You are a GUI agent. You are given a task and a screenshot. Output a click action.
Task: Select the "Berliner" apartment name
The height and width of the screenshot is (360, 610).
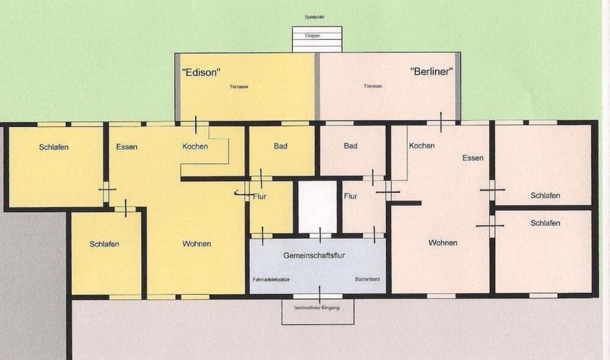point(432,72)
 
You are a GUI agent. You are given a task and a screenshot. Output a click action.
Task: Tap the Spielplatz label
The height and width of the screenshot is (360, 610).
point(315,17)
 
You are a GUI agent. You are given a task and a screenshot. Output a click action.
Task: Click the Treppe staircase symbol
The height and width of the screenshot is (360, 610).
point(316,38)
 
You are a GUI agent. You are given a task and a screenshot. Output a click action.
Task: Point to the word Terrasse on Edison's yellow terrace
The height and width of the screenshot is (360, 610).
point(239,86)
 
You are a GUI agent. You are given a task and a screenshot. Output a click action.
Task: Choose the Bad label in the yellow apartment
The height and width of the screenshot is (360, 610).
point(280,146)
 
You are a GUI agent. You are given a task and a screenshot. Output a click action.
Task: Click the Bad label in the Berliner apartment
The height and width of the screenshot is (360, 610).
point(350,146)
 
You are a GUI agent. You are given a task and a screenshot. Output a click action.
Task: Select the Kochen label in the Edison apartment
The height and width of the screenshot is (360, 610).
point(195,147)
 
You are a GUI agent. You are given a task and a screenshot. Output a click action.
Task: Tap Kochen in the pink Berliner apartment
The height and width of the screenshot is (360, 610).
point(422,146)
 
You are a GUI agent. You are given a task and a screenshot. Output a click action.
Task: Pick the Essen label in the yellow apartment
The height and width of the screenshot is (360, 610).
point(127,147)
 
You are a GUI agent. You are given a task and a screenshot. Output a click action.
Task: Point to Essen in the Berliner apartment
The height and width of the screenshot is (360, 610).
point(473,158)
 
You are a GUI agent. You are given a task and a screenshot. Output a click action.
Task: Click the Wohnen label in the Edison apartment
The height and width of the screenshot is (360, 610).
point(196,244)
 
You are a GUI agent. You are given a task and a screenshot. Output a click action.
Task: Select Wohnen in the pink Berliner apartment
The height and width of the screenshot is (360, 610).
point(442,243)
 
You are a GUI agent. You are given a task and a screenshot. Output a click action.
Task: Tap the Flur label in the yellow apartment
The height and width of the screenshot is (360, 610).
point(259,197)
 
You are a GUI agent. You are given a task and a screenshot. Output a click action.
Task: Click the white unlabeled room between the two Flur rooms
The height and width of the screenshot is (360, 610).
point(317,206)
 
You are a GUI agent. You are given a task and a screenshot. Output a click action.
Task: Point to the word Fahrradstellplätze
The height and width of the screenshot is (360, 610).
point(271,279)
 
